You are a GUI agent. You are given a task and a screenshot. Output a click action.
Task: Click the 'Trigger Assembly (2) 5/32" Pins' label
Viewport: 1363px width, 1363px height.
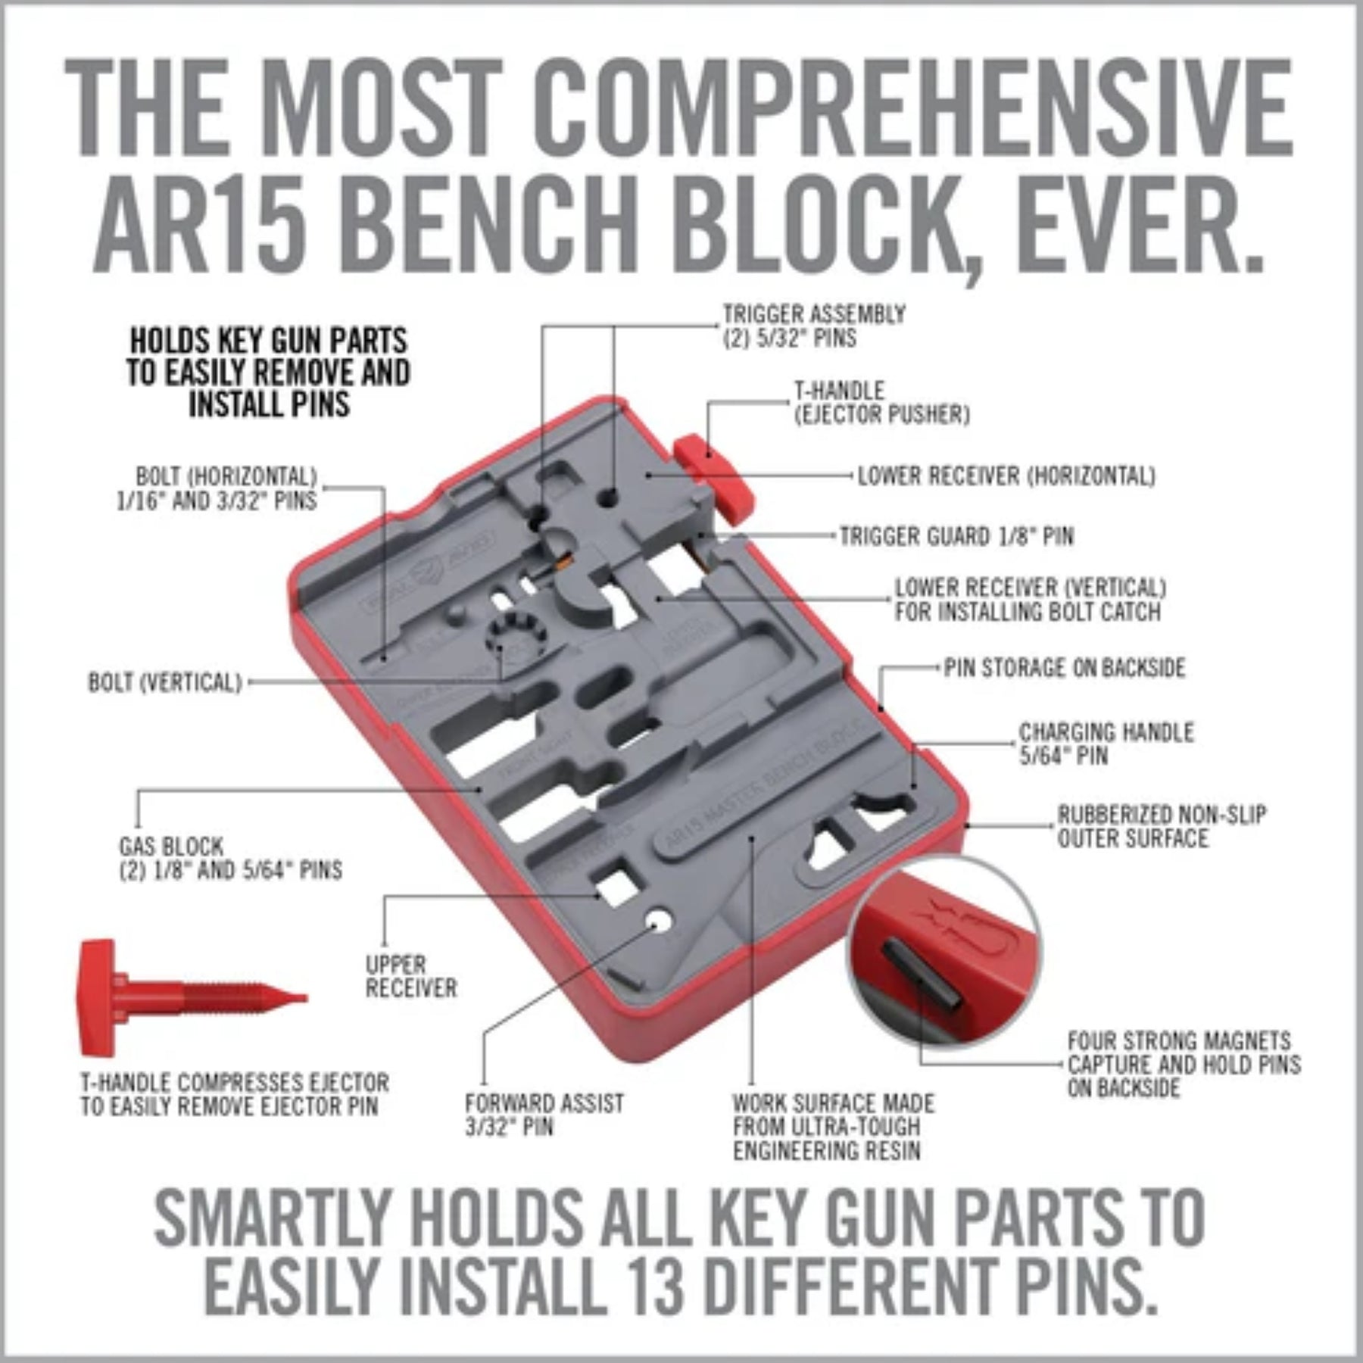tap(814, 326)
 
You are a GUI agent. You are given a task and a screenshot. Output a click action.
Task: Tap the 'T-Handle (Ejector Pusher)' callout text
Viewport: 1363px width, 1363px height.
tap(881, 403)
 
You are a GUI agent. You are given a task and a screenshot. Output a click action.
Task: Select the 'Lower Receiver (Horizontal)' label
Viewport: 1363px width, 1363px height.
tap(1006, 476)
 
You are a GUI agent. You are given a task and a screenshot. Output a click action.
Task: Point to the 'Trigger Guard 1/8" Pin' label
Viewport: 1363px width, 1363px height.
tap(956, 536)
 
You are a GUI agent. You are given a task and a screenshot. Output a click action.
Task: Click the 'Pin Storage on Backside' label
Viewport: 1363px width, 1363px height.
tap(1064, 668)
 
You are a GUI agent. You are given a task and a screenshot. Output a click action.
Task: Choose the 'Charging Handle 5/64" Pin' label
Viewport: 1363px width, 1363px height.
tap(1106, 744)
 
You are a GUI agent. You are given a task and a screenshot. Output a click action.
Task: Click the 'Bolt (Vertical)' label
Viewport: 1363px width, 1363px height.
tap(164, 682)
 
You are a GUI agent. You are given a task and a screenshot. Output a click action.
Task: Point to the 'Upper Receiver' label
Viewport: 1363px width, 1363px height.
tap(411, 976)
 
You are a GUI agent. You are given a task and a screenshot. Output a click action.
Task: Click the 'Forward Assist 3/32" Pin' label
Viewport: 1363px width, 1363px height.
tap(544, 1115)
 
